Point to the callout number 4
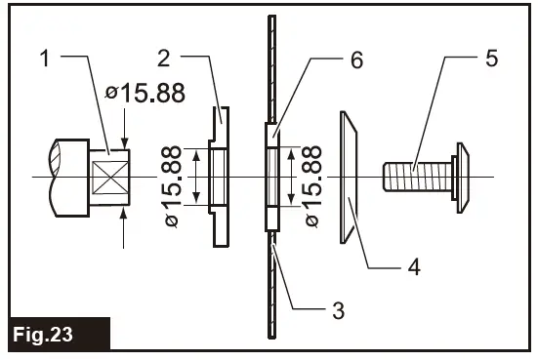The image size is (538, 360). click(414, 265)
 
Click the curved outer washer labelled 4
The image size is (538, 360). click(348, 176)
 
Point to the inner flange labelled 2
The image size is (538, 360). click(221, 176)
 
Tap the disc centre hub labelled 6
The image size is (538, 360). click(272, 177)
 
